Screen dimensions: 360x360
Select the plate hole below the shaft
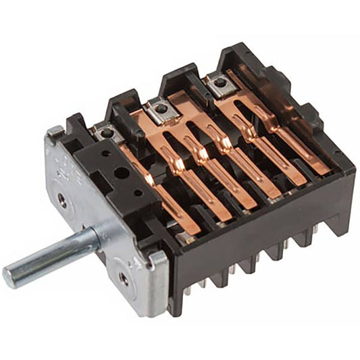[x=123, y=276]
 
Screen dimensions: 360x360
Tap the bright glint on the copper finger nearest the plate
[x=151, y=177]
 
